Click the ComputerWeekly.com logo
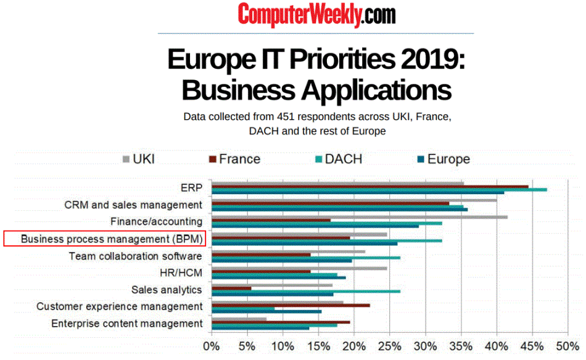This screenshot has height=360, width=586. [316, 14]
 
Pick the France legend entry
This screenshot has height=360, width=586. [234, 159]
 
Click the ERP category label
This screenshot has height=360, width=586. [191, 187]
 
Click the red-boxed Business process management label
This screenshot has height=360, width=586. [112, 239]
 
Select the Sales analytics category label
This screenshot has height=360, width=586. [167, 289]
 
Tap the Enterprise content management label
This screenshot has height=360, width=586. [126, 323]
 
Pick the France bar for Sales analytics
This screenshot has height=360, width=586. [231, 288]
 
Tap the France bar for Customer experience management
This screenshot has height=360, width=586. [291, 305]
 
